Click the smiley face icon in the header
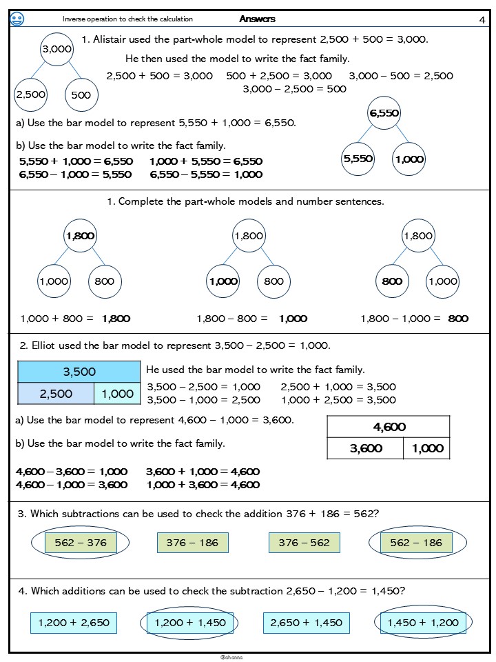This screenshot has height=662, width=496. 18,20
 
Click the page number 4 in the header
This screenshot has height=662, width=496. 482,19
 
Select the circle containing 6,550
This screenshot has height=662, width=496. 384,114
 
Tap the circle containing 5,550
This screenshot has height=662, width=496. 358,159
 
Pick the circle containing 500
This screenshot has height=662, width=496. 81,95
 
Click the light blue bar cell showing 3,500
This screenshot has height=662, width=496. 79,372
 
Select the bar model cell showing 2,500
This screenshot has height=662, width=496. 56,394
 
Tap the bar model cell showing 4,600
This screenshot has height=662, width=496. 389,428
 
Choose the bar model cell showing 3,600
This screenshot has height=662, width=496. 366,448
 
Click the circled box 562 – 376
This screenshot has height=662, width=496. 80,543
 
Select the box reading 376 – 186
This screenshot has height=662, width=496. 192,543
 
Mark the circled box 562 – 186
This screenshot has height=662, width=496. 415,543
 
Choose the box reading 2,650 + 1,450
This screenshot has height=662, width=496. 307,623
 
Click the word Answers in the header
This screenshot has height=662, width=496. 258,19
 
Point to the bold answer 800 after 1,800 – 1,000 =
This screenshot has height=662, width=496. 458,319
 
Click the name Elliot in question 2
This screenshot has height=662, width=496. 45,345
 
